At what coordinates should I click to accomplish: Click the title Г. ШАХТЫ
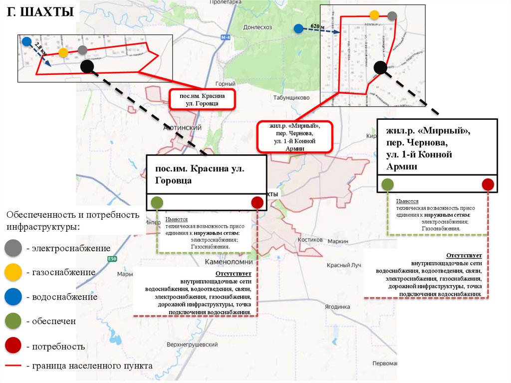40,12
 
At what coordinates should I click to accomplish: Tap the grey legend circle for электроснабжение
13,248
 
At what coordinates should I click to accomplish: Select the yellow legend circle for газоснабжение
13,272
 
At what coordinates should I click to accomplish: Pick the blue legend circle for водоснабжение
13,297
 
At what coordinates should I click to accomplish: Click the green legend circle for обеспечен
13,321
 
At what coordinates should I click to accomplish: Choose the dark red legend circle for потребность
13,346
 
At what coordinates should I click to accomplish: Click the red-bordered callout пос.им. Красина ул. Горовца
202,99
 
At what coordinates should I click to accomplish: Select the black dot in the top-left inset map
87,66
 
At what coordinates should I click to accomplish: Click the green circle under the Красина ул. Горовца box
157,202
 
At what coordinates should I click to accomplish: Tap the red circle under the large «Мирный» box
488,184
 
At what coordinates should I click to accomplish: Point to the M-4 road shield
226,38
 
